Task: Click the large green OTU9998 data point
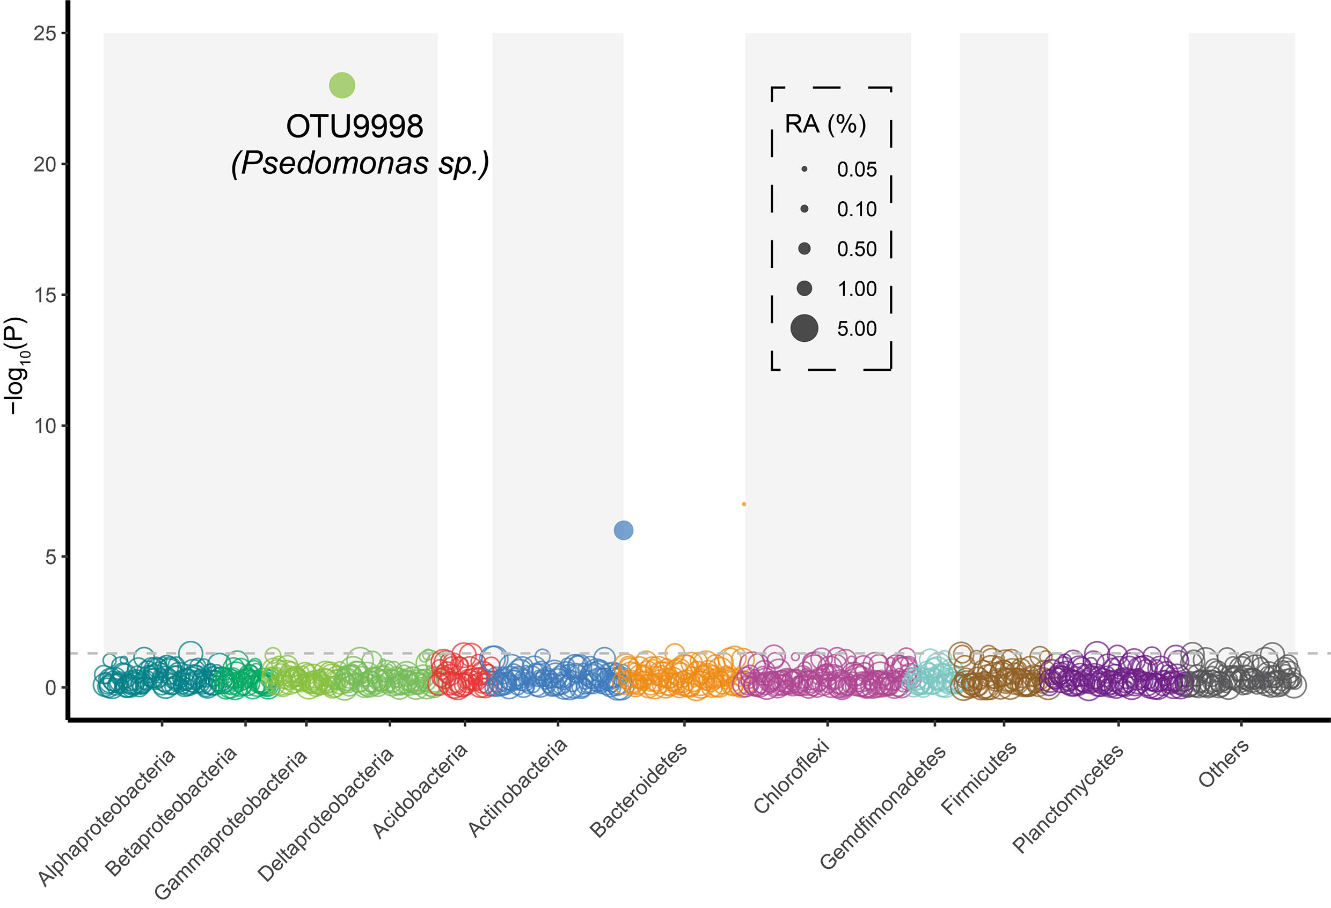pos(342,85)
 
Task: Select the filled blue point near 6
pos(623,530)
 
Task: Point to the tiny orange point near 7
pos(744,504)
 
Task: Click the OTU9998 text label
pos(355,127)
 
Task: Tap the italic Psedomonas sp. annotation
pos(360,164)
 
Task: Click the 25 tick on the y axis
pos(45,33)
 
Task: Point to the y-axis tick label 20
pos(45,164)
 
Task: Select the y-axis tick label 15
pos(45,295)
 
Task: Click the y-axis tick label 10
pos(45,426)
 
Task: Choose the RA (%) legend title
pos(825,125)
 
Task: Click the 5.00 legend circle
pos(804,328)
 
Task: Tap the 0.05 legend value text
pos(857,170)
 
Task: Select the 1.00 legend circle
pos(804,288)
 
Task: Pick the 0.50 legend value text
pos(857,249)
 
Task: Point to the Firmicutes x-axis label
pos(979,777)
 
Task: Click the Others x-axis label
pos(1223,763)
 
